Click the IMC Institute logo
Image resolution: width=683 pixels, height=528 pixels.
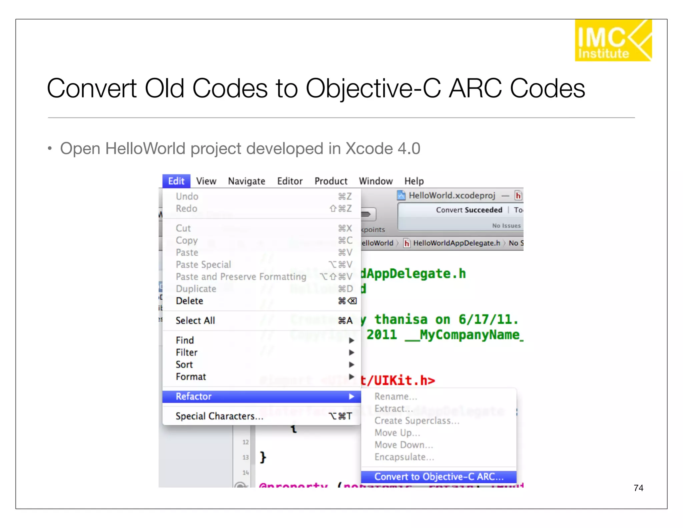tap(613, 40)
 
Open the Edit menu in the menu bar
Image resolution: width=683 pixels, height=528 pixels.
tap(176, 181)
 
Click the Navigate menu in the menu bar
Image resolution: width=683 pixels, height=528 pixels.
tap(246, 181)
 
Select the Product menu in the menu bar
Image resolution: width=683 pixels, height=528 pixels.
tap(330, 181)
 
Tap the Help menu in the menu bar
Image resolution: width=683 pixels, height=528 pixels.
tap(414, 181)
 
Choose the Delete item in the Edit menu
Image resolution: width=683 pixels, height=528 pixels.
tap(189, 301)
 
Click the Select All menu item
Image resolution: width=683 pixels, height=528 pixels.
tap(195, 320)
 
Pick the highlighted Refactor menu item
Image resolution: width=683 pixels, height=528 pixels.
tap(194, 396)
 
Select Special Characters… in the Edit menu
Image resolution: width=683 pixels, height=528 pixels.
tap(219, 416)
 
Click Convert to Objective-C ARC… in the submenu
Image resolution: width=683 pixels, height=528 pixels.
tap(439, 477)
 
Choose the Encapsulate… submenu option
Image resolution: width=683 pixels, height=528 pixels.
tap(404, 457)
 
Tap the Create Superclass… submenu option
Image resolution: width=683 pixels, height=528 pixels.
tap(417, 421)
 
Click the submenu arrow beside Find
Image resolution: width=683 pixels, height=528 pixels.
tap(351, 340)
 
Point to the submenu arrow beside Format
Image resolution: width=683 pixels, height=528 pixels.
tap(351, 376)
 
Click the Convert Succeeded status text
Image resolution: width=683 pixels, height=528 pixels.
tap(469, 210)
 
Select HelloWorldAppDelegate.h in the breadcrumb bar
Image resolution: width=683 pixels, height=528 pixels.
tap(456, 243)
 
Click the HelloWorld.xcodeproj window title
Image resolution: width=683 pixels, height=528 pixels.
tap(452, 195)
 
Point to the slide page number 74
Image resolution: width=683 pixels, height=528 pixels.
tap(638, 488)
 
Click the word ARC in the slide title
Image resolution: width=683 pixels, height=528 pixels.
tap(475, 88)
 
